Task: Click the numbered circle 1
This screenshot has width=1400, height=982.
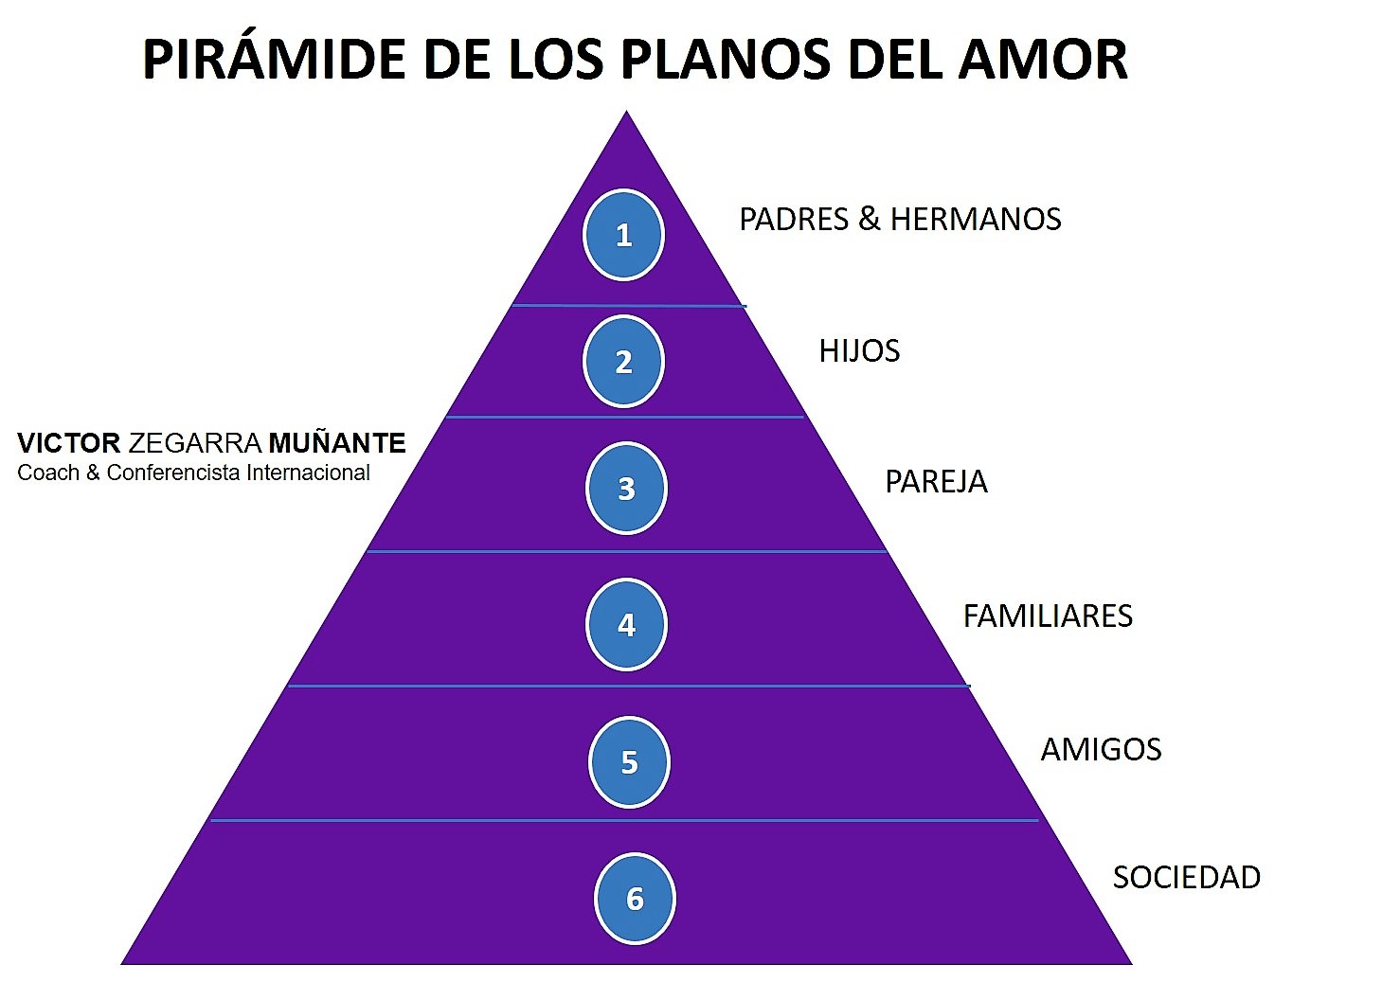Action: pyautogui.click(x=623, y=235)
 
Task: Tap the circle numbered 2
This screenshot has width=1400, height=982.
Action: pyautogui.click(x=623, y=362)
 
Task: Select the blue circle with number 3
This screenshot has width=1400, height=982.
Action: pyautogui.click(x=626, y=489)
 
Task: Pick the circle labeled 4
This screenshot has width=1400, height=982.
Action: pyautogui.click(x=626, y=625)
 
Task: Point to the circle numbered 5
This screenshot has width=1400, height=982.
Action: pyautogui.click(x=629, y=762)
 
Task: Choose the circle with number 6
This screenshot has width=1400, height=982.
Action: pyautogui.click(x=635, y=899)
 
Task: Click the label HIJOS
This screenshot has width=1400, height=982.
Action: pyautogui.click(x=859, y=351)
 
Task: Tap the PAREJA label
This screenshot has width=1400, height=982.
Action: pyautogui.click(x=936, y=482)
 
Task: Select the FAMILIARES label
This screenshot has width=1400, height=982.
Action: pyautogui.click(x=1048, y=616)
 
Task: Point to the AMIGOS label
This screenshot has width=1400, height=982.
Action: pyautogui.click(x=1101, y=750)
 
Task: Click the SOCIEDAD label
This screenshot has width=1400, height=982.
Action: pyautogui.click(x=1186, y=878)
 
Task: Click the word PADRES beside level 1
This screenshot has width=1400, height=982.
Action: pyautogui.click(x=794, y=220)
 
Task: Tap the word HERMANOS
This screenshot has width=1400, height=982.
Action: pyautogui.click(x=976, y=220)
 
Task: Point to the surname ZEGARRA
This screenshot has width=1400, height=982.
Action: pyautogui.click(x=194, y=443)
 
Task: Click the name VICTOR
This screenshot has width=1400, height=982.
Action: pyautogui.click(x=68, y=443)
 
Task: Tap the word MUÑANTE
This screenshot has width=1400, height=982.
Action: pyautogui.click(x=337, y=443)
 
